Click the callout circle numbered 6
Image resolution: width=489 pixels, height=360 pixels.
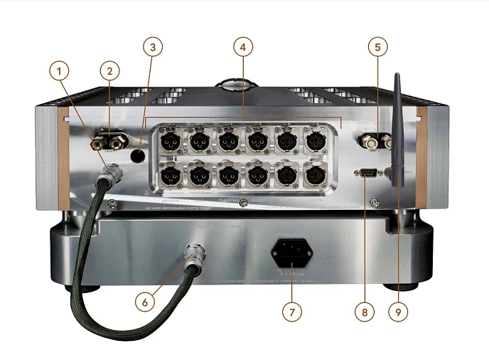click(146, 301)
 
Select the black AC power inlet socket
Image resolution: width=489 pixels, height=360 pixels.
click(291, 253)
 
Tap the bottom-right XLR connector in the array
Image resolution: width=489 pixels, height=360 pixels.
click(315, 173)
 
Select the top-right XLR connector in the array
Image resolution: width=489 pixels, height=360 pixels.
click(315, 139)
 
